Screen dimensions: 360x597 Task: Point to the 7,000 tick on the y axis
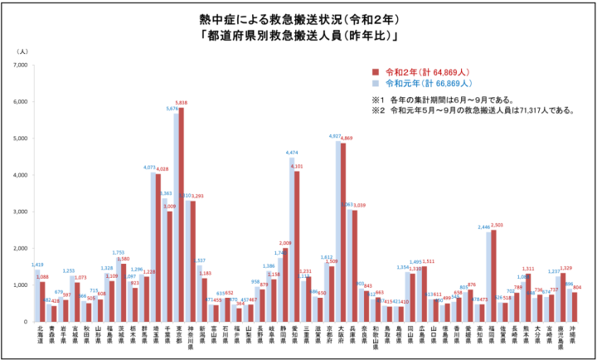21,65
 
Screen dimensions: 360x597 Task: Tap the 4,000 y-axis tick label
21,175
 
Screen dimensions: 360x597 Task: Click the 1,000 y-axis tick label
21,285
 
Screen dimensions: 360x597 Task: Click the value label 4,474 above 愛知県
292,153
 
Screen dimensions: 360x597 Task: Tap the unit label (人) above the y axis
22,51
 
